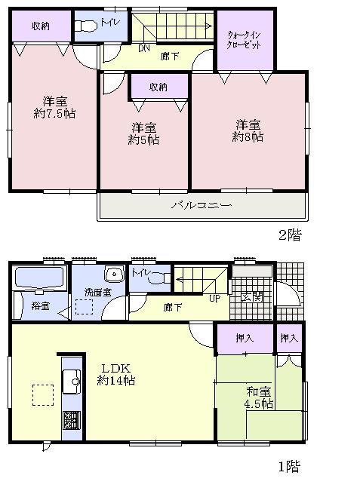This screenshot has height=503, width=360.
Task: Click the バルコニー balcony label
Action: click(x=201, y=204)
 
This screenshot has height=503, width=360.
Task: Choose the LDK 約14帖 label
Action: click(x=115, y=374)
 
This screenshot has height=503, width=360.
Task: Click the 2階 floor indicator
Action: click(x=289, y=235)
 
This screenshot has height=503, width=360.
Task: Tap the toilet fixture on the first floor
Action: click(x=159, y=278)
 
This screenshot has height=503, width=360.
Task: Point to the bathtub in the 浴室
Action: click(x=37, y=278)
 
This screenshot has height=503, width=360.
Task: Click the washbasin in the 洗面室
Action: click(x=115, y=274)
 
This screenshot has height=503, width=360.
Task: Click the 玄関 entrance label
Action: click(x=252, y=296)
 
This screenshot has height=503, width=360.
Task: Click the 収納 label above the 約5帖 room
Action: click(x=158, y=87)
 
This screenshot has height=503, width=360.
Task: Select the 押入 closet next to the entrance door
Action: click(x=289, y=339)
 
